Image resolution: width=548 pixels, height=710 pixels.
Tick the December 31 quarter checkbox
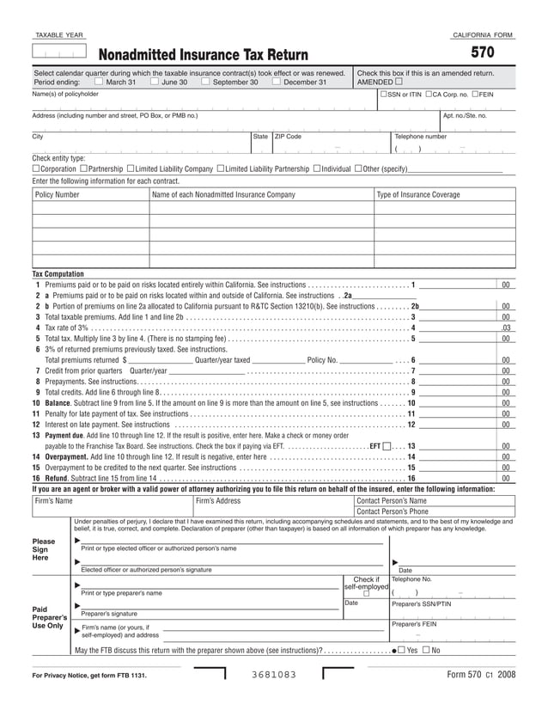click(x=275, y=83)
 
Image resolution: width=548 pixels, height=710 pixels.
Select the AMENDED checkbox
click(x=399, y=83)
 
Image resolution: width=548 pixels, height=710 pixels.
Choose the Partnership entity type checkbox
click(x=82, y=168)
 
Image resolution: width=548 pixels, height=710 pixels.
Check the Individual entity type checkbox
click(x=317, y=168)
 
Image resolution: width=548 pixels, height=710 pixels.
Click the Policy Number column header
click(x=58, y=195)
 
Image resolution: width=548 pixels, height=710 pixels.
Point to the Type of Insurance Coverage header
click(x=418, y=195)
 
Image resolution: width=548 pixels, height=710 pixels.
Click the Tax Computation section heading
click(x=58, y=273)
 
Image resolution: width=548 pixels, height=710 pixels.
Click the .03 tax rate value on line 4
click(x=507, y=327)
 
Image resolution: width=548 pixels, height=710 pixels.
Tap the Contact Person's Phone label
click(x=392, y=511)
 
